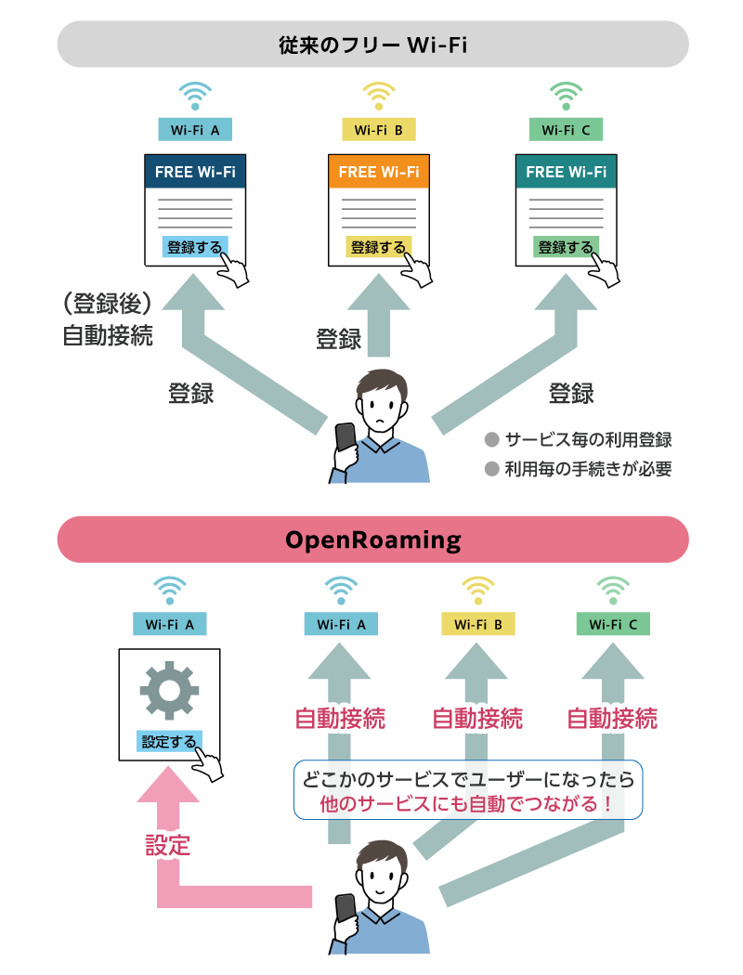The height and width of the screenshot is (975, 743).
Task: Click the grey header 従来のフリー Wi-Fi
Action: (372, 44)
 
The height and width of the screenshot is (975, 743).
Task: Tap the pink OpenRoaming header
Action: (372, 539)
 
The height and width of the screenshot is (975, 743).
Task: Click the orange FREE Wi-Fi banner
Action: (378, 172)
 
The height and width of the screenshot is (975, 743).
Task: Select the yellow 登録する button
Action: (378, 247)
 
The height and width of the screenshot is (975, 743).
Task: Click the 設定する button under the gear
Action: (169, 741)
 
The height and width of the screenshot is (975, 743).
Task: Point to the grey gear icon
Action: (169, 689)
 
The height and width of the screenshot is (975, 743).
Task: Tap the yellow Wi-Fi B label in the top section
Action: (378, 130)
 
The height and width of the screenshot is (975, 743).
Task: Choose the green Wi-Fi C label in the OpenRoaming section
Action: (612, 625)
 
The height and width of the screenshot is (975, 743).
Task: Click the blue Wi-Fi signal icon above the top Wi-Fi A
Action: (194, 96)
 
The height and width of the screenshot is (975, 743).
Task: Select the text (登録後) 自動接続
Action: (107, 319)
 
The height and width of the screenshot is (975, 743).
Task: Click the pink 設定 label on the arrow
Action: (168, 845)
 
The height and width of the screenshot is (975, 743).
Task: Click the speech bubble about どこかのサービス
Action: (468, 791)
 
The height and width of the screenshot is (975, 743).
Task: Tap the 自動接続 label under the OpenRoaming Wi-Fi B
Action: (477, 719)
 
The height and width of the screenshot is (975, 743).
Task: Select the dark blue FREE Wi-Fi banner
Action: (195, 172)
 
